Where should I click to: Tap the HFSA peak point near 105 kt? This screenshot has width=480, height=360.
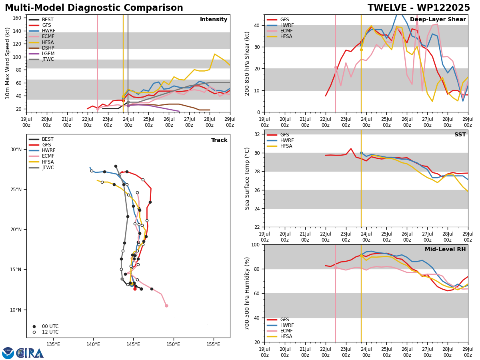[214, 54]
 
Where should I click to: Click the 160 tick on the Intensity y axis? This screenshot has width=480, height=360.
[17, 18]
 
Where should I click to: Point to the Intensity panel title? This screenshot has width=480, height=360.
[214, 19]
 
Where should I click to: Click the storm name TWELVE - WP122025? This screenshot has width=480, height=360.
[418, 8]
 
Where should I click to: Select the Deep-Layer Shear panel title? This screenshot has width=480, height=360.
[438, 19]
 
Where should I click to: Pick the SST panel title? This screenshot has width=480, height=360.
[460, 134]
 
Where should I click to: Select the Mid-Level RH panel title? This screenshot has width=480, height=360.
[445, 249]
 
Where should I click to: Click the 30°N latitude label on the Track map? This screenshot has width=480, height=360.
[16, 150]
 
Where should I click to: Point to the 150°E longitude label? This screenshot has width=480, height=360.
[174, 344]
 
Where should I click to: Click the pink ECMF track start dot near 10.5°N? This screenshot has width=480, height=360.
[166, 306]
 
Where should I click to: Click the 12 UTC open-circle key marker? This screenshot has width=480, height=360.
[34, 332]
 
